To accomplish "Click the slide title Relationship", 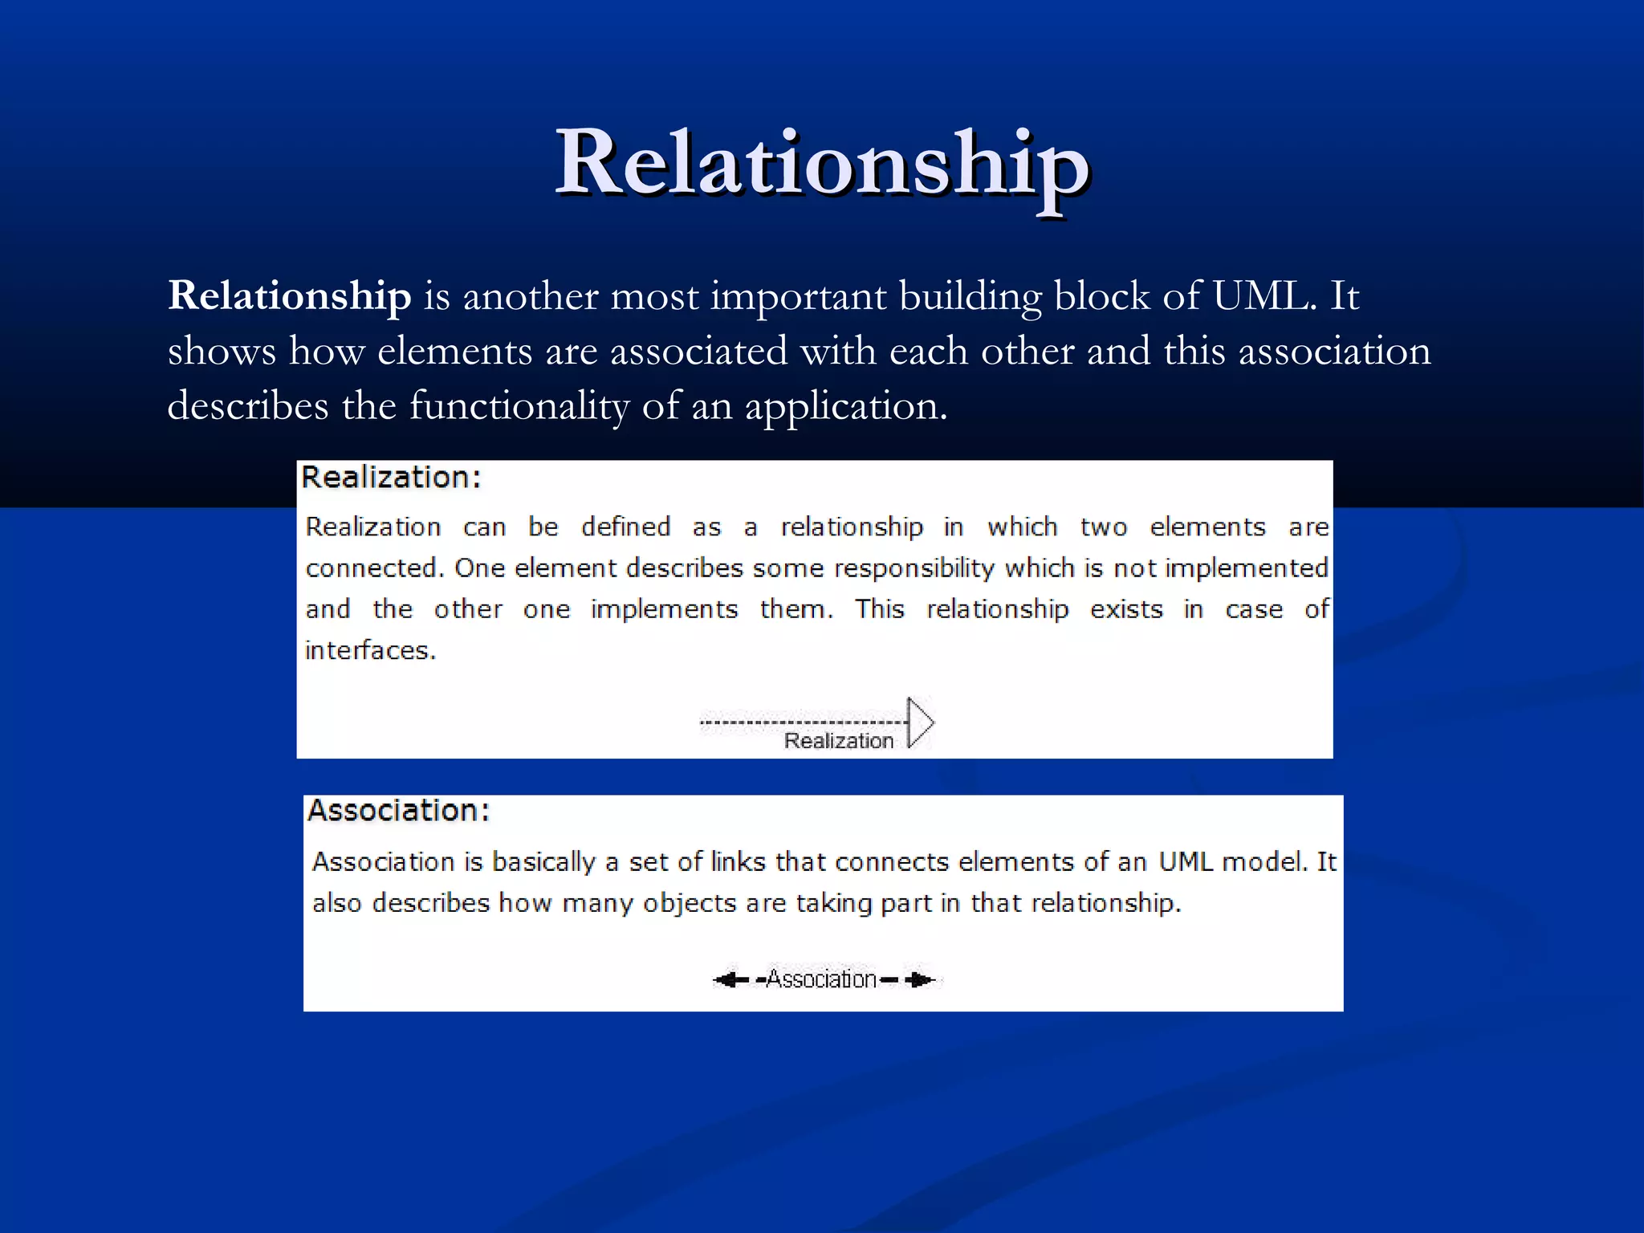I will point(822,165).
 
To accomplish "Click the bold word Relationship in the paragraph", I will point(289,295).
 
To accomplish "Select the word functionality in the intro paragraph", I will point(519,405).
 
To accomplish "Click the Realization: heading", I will point(391,478).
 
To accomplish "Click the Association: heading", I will point(398,811).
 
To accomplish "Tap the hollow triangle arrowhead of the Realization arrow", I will point(920,722).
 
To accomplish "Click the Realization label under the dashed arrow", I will point(838,741).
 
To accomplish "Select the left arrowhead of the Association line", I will point(727,979).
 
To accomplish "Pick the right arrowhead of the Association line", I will point(922,979).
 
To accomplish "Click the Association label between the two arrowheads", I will point(820,979).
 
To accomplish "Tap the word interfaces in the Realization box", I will point(370,650).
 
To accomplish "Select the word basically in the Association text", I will point(543,862).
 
